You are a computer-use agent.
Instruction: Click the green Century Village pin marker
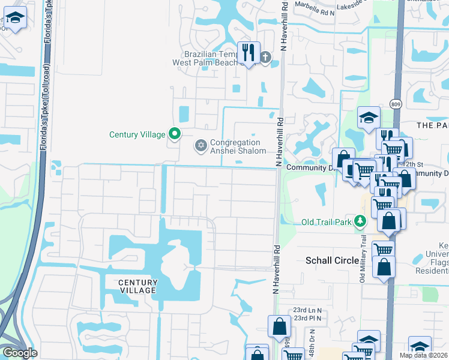click(x=174, y=134)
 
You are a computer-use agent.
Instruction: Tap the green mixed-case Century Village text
click(x=137, y=134)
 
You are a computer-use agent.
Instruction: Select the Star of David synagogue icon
click(x=200, y=145)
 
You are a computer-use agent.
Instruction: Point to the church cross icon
click(x=265, y=58)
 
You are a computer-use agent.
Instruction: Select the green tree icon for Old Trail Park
click(x=360, y=221)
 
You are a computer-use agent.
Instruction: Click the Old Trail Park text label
click(x=327, y=222)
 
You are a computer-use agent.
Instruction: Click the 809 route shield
click(x=395, y=103)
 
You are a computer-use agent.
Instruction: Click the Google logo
click(x=19, y=352)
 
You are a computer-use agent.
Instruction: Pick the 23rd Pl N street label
click(x=307, y=318)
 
